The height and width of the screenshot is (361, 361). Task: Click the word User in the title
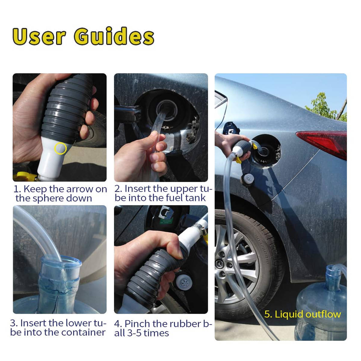(x=39, y=36)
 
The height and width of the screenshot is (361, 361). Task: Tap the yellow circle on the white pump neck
(x=60, y=148)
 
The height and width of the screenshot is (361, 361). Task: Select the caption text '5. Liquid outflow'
(x=302, y=314)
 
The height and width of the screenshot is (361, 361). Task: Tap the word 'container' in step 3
(x=83, y=332)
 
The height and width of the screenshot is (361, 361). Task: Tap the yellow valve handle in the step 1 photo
(x=24, y=177)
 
